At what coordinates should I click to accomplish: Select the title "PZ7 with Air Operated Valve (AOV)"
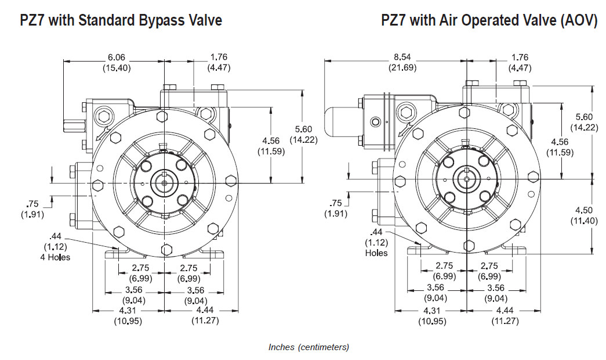coord(489,21)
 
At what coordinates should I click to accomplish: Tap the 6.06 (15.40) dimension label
coord(117,62)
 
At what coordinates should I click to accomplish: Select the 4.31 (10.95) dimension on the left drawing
coord(126,315)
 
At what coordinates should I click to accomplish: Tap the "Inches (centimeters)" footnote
coord(309,347)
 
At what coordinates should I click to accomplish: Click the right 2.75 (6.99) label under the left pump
coord(189,272)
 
